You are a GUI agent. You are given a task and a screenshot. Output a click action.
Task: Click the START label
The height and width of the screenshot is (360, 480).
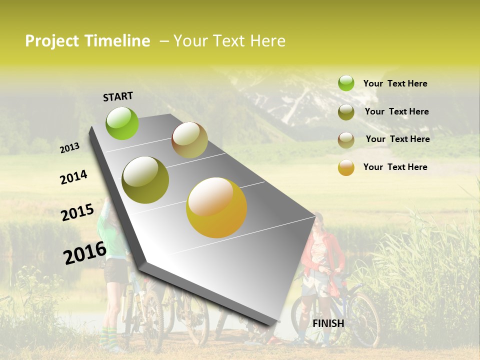pyautogui.click(x=118, y=96)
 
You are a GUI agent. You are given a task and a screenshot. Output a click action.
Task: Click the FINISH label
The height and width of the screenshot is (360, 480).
pyautogui.click(x=328, y=323)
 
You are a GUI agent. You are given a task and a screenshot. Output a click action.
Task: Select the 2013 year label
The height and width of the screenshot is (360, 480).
pyautogui.click(x=69, y=148)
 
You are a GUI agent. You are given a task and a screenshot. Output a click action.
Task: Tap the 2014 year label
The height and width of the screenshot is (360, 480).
pyautogui.click(x=73, y=177)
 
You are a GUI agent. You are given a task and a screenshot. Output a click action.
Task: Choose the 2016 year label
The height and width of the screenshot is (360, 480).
pyautogui.click(x=85, y=252)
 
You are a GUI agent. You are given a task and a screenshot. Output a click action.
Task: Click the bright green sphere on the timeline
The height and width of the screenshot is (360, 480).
pyautogui.click(x=122, y=123)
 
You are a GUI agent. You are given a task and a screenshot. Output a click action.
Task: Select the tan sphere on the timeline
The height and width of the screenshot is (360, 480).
pyautogui.click(x=189, y=140)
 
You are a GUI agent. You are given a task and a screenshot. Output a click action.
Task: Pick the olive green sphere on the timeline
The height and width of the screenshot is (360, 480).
pyautogui.click(x=145, y=180)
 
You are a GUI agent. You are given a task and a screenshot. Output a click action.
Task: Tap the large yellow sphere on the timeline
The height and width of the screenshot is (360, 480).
pyautogui.click(x=216, y=207)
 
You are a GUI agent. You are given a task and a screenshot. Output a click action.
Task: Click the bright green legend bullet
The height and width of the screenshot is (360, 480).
pyautogui.click(x=346, y=83)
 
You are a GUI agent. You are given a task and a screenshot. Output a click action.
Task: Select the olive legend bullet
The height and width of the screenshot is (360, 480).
pyautogui.click(x=346, y=112)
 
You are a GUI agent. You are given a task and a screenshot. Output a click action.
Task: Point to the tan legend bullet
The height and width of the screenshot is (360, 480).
pyautogui.click(x=346, y=140)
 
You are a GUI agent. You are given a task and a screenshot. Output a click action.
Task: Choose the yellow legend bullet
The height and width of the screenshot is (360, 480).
pyautogui.click(x=346, y=167)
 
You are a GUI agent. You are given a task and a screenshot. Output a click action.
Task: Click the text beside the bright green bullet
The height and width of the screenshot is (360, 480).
pyautogui.click(x=395, y=83)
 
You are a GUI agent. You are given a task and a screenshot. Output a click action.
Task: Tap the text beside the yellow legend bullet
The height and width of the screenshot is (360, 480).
pyautogui.click(x=395, y=167)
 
